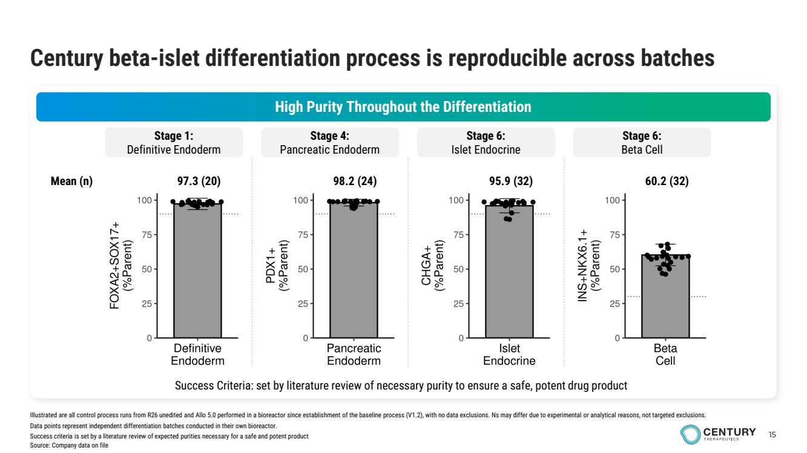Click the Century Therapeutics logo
point(718,433)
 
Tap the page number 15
point(772,434)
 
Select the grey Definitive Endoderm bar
point(197,272)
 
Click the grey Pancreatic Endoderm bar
point(354,272)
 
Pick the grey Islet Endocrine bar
point(509,272)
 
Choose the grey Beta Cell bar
point(665,296)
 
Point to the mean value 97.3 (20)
point(198,181)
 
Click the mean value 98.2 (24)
point(354,181)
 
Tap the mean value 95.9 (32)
point(510,181)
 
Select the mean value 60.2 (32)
point(667,181)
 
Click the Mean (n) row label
point(72,181)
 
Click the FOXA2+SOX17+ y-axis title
point(120,266)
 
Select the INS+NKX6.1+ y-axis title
point(589,266)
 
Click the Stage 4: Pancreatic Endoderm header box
point(329,142)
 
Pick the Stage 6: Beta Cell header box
point(642,142)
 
